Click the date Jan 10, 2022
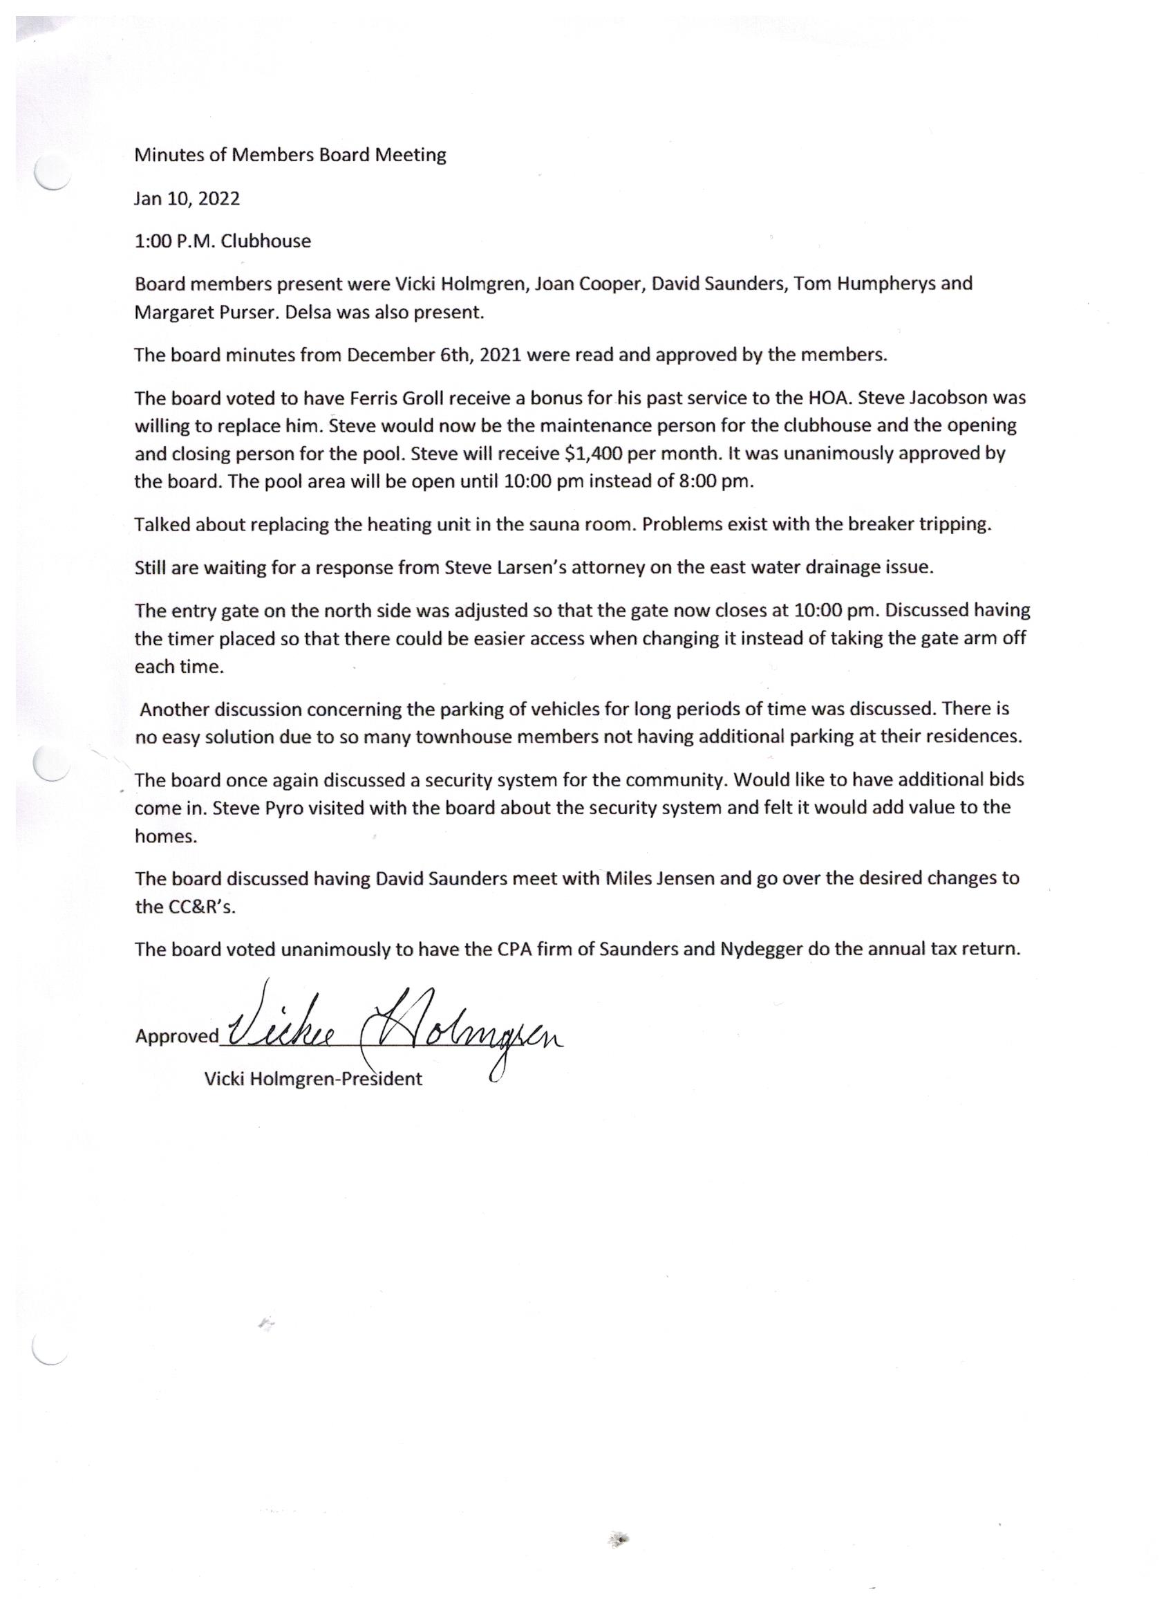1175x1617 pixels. pyautogui.click(x=187, y=198)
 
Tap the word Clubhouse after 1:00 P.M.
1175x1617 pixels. pyautogui.click(x=266, y=241)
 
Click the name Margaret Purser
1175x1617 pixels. pyautogui.click(x=203, y=313)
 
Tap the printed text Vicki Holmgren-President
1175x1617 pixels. pyautogui.click(x=313, y=1079)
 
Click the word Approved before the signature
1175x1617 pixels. pyautogui.click(x=177, y=1036)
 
